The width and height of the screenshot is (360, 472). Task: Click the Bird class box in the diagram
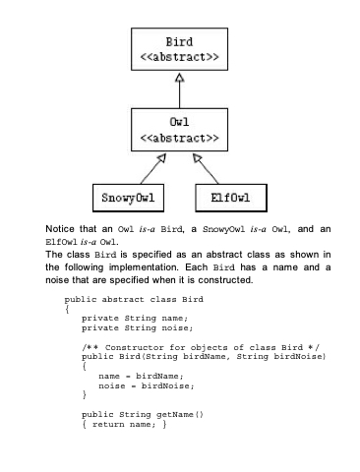click(x=179, y=49)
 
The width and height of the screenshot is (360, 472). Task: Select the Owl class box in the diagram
click(x=179, y=130)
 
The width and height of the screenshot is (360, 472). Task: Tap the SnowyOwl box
click(x=128, y=198)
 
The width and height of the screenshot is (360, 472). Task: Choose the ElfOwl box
click(x=231, y=198)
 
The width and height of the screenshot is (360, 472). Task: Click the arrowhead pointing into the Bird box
click(x=179, y=78)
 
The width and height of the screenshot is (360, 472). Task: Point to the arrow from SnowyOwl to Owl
click(x=153, y=169)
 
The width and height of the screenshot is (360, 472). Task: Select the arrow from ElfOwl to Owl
click(x=206, y=169)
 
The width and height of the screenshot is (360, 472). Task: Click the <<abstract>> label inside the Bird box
click(x=179, y=57)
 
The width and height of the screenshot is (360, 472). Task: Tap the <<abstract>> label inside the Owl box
click(x=179, y=138)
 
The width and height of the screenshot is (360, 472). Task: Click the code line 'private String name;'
click(x=135, y=319)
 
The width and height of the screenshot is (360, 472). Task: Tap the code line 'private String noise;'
click(x=138, y=328)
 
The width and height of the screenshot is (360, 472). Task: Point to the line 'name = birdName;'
click(x=141, y=376)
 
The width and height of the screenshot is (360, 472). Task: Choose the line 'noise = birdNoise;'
click(x=147, y=385)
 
